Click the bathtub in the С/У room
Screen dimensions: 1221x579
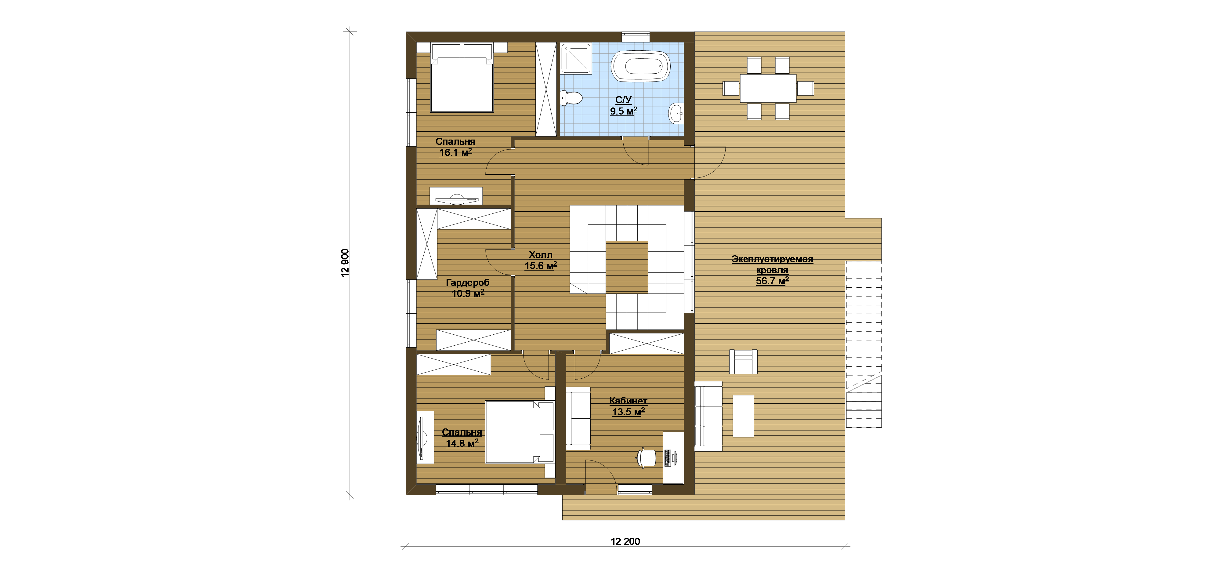coord(640,66)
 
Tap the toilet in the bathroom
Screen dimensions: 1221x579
coord(572,98)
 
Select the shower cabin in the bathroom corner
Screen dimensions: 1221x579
coord(576,58)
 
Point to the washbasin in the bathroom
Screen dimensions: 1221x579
coord(676,113)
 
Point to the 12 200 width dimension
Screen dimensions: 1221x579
coord(625,541)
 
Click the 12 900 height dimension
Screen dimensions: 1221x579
coord(345,263)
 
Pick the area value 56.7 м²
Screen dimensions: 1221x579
coord(772,281)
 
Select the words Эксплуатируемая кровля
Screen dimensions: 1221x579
coord(772,264)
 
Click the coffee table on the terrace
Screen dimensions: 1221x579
coord(743,416)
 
